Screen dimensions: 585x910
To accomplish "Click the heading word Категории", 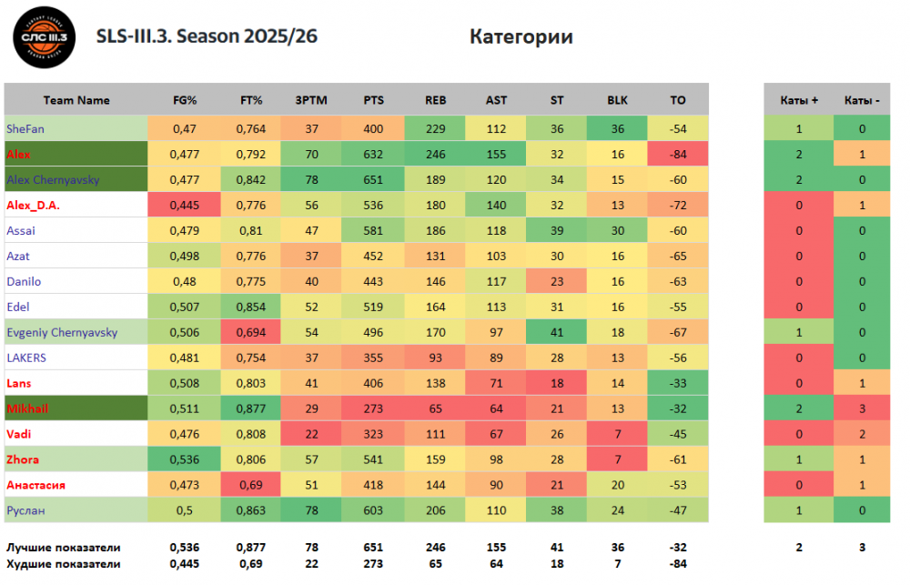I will click(x=521, y=36).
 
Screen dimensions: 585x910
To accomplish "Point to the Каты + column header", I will click(x=799, y=100).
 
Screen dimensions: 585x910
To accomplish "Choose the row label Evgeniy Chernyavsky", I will click(x=62, y=333).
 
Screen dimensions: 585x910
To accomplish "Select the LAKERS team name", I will click(x=26, y=358).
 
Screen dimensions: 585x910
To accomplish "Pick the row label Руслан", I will click(x=25, y=511).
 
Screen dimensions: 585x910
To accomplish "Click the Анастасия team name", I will click(x=35, y=486).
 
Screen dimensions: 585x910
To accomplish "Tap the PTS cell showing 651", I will click(x=373, y=180).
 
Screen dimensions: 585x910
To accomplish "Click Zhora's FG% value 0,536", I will click(x=186, y=460).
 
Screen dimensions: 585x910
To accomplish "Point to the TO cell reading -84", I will click(x=677, y=155).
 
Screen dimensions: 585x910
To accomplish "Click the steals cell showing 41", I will click(x=557, y=333).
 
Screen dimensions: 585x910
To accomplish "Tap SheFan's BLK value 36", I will click(x=617, y=129).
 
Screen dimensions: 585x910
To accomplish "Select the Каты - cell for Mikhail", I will click(x=861, y=409).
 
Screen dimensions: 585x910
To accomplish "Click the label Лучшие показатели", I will click(x=64, y=548).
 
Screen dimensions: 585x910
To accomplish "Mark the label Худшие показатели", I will click(x=63, y=564).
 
